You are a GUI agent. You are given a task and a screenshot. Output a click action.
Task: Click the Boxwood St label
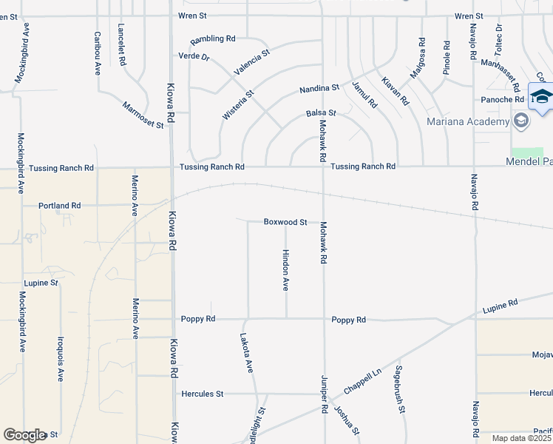coord(285,222)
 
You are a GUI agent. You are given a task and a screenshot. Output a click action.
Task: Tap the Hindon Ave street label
coord(285,270)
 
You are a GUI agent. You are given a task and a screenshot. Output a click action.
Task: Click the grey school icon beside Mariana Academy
coord(521,121)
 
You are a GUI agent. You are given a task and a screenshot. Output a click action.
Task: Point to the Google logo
coord(24,435)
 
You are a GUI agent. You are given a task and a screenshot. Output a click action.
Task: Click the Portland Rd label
coord(60,206)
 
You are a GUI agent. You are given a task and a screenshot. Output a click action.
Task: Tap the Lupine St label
coord(41,283)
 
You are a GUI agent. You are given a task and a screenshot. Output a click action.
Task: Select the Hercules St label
coord(202,394)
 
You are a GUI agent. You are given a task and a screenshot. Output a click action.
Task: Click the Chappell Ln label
coord(362,382)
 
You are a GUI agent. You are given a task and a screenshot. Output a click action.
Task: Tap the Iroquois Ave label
coord(61,359)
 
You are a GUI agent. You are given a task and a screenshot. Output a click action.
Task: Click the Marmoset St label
coord(143,115)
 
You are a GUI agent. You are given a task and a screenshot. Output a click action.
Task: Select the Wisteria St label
coord(238,105)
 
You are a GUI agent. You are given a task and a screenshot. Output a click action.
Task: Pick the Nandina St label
coord(319,89)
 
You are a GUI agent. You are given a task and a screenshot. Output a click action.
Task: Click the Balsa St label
coord(321,114)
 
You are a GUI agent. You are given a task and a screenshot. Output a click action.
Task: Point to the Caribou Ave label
coord(98,53)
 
